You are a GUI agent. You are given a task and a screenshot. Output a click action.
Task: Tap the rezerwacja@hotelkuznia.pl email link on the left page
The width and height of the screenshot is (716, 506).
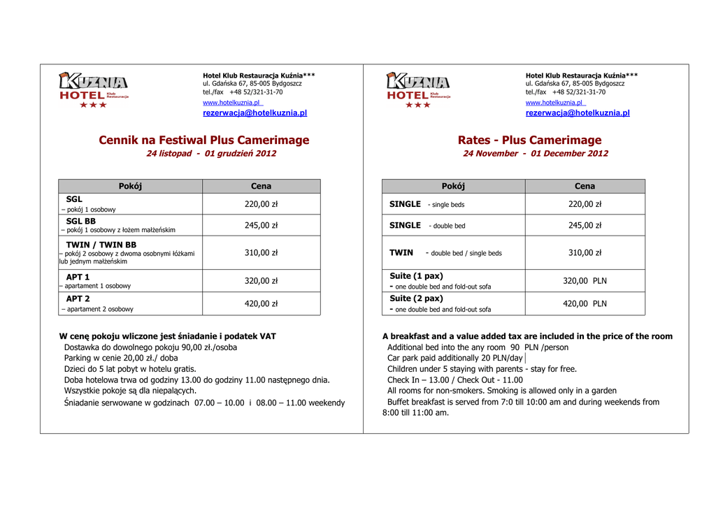tap(255, 113)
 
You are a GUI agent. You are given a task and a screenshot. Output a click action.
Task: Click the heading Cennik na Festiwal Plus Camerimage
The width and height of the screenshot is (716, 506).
tap(203, 140)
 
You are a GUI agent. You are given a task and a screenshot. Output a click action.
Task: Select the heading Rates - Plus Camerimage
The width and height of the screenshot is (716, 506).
tap(529, 140)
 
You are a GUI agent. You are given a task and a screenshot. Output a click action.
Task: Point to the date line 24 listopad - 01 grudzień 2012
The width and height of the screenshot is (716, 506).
tap(211, 154)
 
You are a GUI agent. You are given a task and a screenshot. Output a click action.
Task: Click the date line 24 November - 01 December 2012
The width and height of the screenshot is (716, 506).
tap(536, 154)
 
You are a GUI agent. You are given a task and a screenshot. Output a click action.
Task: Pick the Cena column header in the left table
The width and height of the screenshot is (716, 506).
tap(261, 186)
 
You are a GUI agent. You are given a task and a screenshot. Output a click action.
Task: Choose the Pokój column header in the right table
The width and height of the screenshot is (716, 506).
tap(453, 186)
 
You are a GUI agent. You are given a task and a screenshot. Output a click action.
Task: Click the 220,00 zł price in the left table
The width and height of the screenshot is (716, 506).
tap(261, 204)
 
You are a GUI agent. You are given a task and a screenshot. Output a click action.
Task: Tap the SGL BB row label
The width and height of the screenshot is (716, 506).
tap(80, 221)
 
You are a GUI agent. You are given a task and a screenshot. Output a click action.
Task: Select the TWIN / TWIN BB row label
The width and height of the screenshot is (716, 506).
tap(101, 245)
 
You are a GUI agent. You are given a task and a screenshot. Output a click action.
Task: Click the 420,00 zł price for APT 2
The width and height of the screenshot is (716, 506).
tap(261, 303)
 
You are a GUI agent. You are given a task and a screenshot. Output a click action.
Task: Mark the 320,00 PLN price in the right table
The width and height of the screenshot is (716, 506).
tap(585, 281)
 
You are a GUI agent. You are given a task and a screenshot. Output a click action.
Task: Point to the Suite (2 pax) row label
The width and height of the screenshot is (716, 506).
tap(416, 298)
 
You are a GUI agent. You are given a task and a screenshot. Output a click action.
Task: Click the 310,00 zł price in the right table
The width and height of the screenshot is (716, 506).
tap(585, 253)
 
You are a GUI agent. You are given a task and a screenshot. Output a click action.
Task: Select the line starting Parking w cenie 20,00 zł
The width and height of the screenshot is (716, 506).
tap(121, 358)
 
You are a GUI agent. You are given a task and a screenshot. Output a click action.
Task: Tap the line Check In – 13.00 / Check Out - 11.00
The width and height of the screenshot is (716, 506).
tap(455, 380)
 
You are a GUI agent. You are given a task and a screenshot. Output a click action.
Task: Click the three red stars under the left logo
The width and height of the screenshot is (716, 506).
tap(93, 105)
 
